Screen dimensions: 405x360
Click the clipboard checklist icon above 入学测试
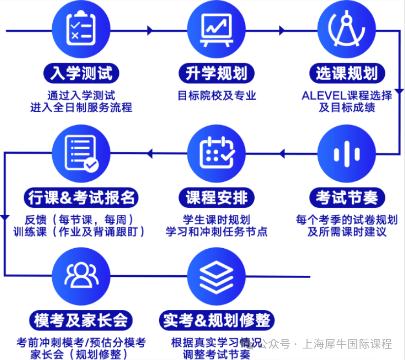81,28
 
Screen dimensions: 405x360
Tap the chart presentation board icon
216,30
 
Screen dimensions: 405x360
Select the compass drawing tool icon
347,29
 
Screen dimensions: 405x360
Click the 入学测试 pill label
81,73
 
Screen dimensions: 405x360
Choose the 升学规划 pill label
216,73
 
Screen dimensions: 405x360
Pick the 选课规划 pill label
347,73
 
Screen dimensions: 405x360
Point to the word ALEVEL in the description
324,96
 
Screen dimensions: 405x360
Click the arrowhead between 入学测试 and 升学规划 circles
150,31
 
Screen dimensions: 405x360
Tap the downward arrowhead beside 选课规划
399,92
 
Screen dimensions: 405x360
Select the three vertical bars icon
347,154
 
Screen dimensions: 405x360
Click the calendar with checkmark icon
217,152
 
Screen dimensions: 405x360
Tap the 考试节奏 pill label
347,198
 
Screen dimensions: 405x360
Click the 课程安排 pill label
216,198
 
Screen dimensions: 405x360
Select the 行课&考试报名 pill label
81,198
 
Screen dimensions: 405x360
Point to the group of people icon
81,275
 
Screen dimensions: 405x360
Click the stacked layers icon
216,277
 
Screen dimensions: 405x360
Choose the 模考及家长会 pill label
81,321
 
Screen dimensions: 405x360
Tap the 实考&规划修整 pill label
216,321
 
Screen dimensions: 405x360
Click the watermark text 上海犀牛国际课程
347,344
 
